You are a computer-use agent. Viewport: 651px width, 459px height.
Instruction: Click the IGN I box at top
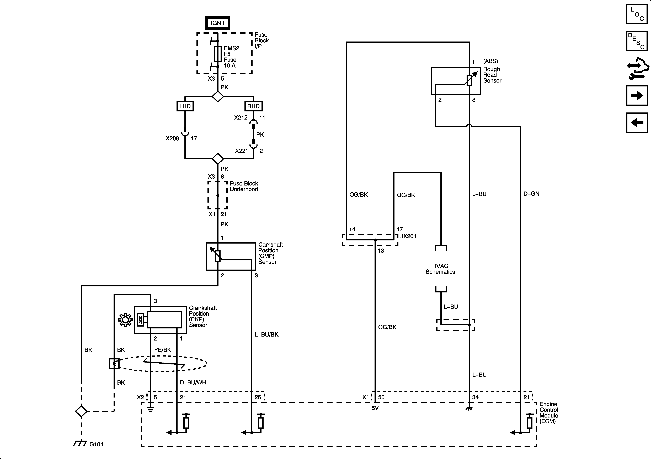[x=217, y=23]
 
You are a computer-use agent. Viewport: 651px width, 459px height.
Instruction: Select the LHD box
[x=185, y=106]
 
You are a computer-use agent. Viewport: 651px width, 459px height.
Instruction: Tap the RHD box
[x=253, y=106]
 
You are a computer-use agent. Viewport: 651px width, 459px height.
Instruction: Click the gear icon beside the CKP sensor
[x=125, y=320]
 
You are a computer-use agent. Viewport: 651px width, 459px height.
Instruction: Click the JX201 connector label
[x=408, y=236]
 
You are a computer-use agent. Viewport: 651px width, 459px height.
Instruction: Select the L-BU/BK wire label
[x=266, y=334]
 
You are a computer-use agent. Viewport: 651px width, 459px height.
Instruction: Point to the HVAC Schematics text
[x=440, y=269]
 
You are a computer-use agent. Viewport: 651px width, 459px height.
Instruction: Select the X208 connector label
[x=172, y=138]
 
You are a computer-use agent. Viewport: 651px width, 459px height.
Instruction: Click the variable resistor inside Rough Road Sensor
[x=469, y=80]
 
